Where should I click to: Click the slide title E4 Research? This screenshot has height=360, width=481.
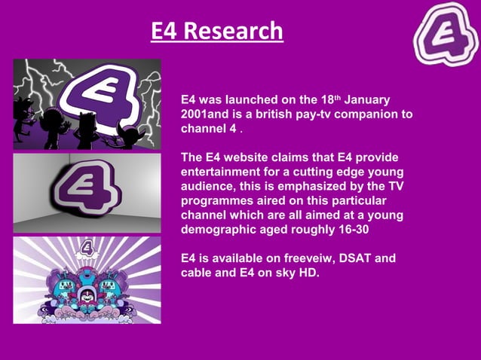[216, 31]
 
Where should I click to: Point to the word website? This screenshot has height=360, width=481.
[250, 157]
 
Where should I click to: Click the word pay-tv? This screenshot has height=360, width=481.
[337, 114]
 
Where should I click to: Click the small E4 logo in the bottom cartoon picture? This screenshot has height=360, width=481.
[88, 247]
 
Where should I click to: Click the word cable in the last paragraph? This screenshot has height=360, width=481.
[197, 273]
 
